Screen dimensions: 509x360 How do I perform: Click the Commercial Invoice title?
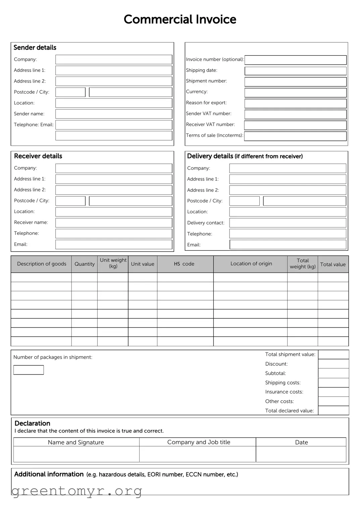[x=180, y=19]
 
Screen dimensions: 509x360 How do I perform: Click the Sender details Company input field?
[x=114, y=59]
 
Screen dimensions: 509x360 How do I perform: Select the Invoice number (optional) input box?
[x=295, y=60]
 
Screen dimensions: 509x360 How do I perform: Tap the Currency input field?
[x=295, y=92]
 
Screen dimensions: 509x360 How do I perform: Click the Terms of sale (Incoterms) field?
[x=295, y=136]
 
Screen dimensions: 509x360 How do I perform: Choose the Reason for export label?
[x=206, y=103]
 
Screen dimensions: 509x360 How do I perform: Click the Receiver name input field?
[x=114, y=222]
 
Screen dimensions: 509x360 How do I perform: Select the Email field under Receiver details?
[x=114, y=244]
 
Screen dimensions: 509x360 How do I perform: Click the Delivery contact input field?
[x=288, y=223]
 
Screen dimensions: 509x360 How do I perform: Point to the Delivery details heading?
[x=245, y=156]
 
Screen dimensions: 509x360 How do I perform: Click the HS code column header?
[x=184, y=264]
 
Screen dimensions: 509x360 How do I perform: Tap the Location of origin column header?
[x=251, y=264]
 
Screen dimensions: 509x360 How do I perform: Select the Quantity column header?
[x=85, y=264]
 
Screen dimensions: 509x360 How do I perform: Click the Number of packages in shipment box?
[x=29, y=370]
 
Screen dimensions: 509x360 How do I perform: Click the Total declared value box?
[x=333, y=410]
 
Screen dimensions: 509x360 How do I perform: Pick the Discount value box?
[x=333, y=364]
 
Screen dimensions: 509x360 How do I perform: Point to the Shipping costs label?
[x=282, y=383]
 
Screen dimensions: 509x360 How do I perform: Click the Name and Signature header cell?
[x=76, y=442]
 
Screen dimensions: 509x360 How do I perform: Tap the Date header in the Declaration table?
[x=301, y=442]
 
